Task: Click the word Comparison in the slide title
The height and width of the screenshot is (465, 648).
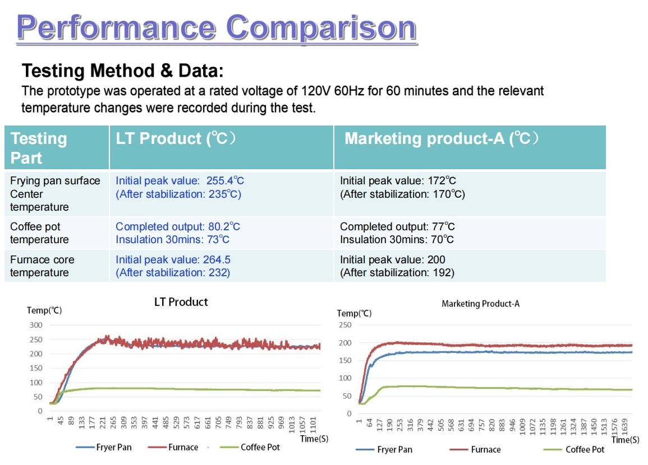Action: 321,27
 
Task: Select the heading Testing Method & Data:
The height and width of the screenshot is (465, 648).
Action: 122,71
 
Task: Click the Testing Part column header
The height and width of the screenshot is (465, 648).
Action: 39,148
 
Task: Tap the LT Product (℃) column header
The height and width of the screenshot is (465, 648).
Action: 176,138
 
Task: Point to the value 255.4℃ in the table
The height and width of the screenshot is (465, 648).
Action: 223,181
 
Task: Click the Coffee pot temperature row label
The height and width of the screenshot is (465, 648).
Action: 39,233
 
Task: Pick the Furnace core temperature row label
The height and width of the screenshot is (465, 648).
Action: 42,266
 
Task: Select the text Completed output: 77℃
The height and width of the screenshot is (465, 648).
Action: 397,226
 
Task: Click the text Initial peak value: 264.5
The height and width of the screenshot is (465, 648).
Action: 173,260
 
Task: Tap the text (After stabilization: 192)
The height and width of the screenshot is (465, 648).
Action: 397,273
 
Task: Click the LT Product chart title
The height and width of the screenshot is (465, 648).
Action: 181,302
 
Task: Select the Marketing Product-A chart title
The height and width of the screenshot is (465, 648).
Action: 480,304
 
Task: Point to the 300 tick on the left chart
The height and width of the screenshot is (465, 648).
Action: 36,325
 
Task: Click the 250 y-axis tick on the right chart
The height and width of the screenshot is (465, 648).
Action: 345,325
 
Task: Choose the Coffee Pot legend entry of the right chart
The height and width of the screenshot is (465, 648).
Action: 584,449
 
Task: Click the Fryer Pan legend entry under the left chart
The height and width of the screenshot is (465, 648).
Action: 113,447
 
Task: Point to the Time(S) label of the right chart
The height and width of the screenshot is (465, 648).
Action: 625,440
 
